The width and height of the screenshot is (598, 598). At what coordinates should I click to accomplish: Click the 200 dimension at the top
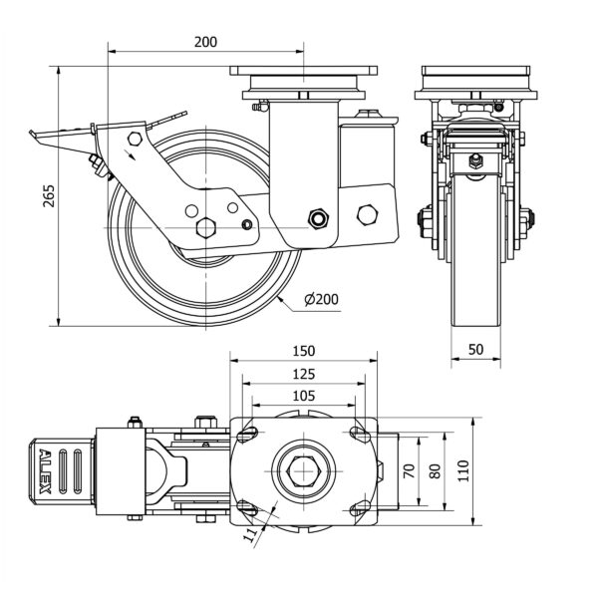click(x=205, y=42)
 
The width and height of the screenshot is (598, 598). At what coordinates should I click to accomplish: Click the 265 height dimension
click(x=49, y=197)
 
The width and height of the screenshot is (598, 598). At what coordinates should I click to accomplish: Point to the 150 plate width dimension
click(x=304, y=351)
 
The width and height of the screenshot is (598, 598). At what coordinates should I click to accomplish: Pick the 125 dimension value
click(x=304, y=374)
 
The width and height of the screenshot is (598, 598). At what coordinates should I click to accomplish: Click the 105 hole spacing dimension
click(x=304, y=396)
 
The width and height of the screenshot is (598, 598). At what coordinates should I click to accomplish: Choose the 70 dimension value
click(x=407, y=469)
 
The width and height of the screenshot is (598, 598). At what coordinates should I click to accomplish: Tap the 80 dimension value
click(x=434, y=469)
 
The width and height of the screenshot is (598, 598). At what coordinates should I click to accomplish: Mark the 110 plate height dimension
click(x=462, y=469)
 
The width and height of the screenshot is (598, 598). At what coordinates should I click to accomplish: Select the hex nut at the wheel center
click(x=206, y=226)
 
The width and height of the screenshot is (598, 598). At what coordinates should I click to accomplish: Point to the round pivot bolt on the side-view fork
click(x=319, y=217)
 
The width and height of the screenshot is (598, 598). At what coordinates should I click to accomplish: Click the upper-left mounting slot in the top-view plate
click(x=248, y=433)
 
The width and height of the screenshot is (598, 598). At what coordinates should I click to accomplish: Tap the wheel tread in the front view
click(x=473, y=299)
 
